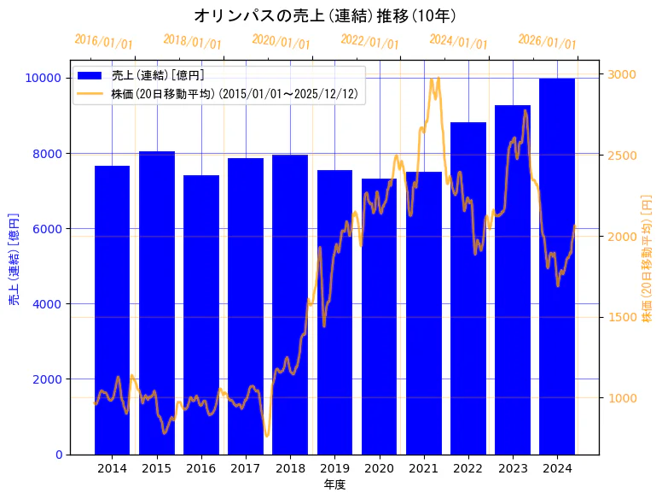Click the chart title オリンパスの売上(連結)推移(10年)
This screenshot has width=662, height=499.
tap(325, 15)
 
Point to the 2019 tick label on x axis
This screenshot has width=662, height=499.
tap(334, 468)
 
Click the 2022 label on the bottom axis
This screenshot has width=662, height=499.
tap(468, 468)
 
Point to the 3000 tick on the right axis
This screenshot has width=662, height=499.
tap(620, 74)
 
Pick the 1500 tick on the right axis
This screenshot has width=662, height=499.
tap(620, 317)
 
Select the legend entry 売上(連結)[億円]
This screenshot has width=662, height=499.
tap(158, 76)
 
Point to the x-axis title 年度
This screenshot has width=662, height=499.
tap(334, 484)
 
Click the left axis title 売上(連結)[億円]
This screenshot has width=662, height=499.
tap(14, 259)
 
